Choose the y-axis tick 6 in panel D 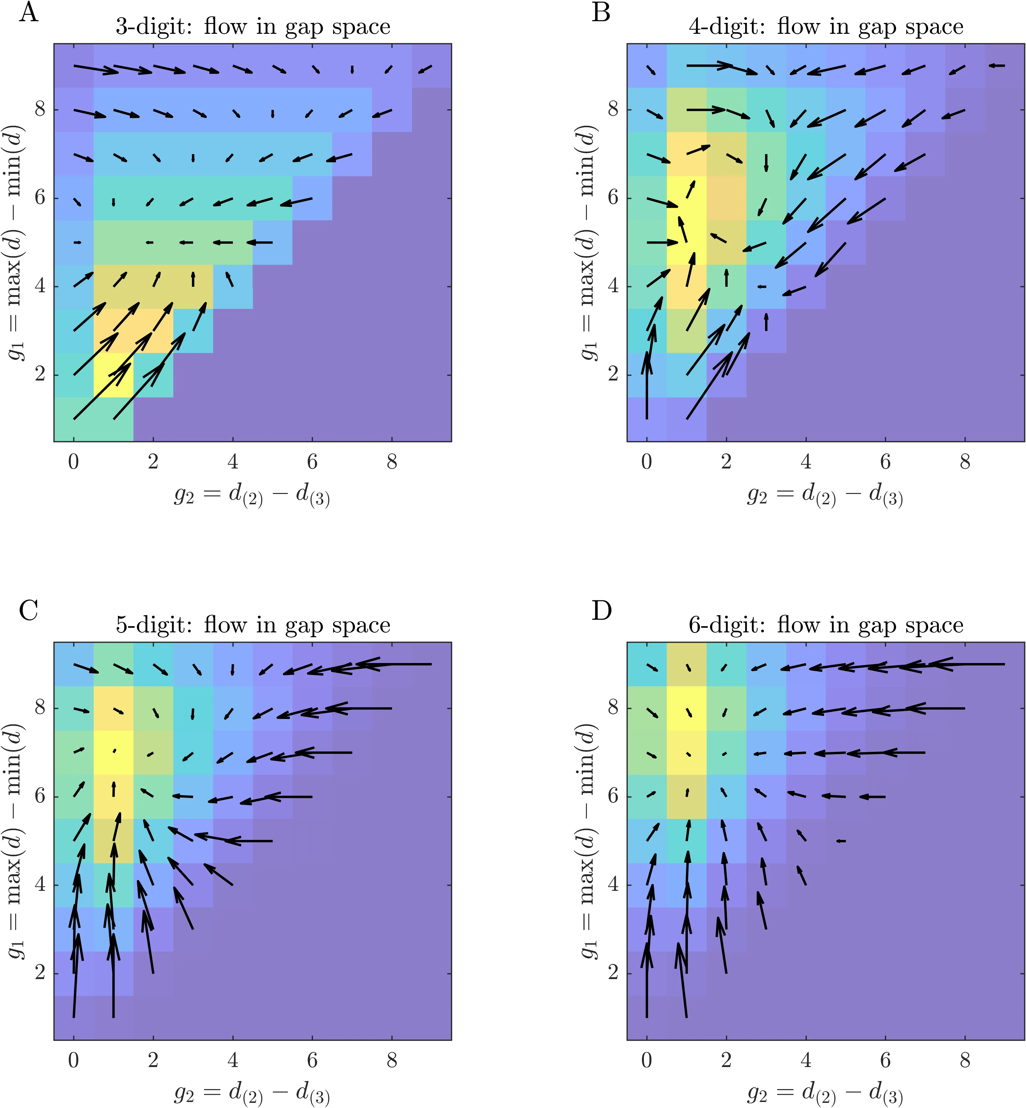[x=613, y=797]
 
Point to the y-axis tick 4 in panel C [x=40, y=885]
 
